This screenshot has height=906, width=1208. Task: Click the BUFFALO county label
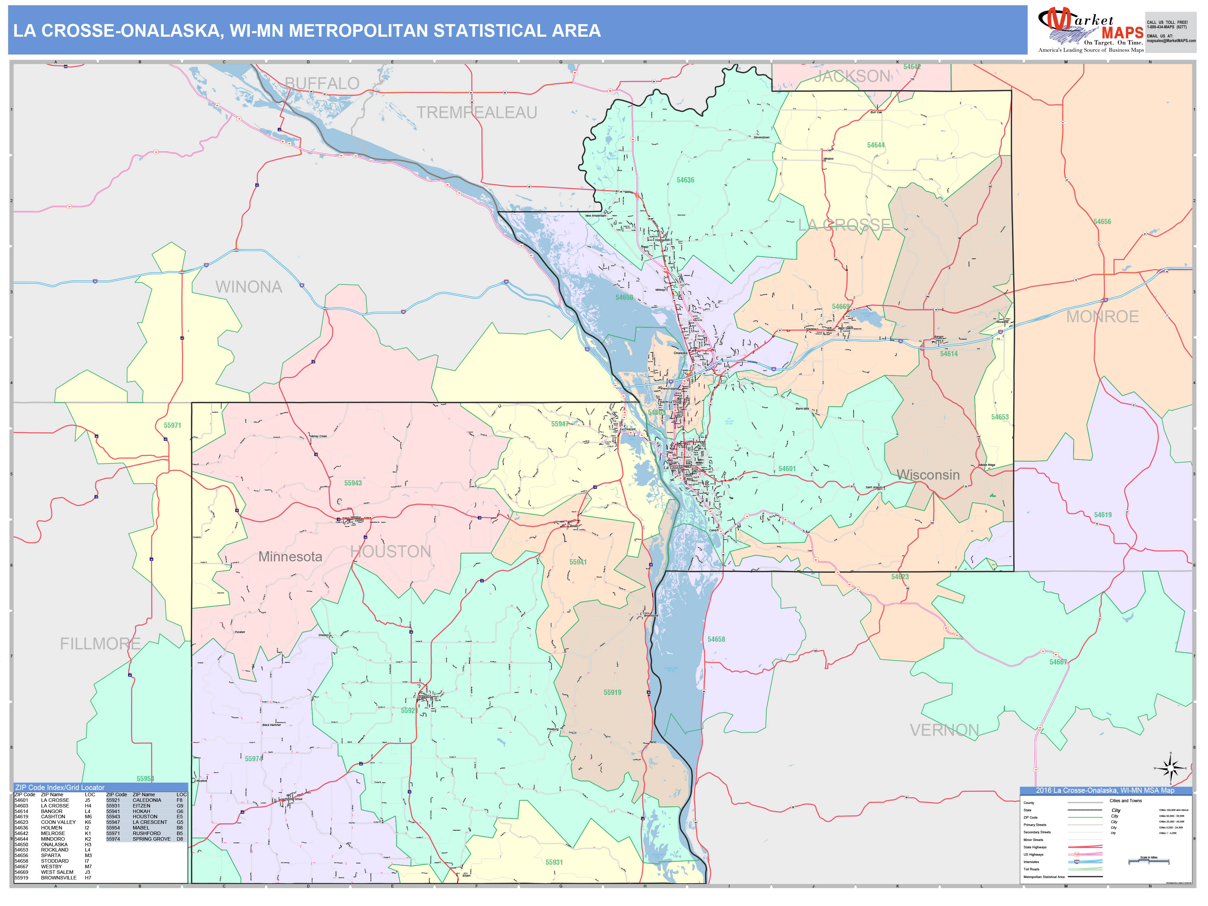(322, 84)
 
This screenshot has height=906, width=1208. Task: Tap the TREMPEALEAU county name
(477, 113)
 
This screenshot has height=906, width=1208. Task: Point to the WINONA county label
(249, 287)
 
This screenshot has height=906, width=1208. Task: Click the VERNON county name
(944, 730)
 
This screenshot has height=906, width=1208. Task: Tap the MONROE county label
(1102, 317)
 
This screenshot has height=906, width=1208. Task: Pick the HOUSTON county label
(390, 552)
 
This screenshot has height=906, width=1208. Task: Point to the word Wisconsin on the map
(928, 475)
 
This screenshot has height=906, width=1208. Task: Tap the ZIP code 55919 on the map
(612, 692)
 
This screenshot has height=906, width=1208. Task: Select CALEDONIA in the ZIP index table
(147, 800)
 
